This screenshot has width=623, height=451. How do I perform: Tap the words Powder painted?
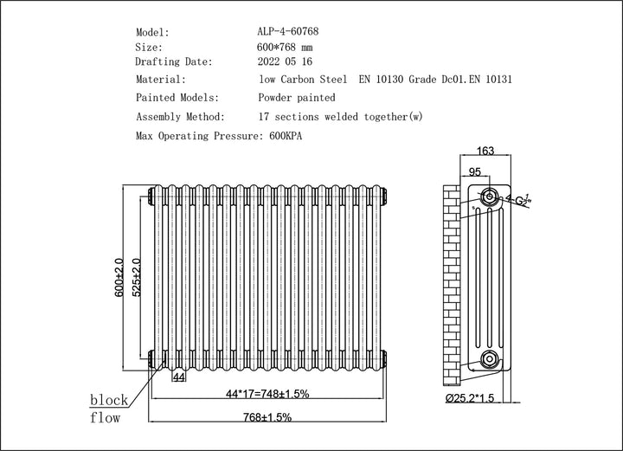(x=297, y=98)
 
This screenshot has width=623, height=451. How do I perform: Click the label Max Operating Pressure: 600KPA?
(x=220, y=136)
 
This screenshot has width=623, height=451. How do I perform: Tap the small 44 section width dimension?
(x=179, y=377)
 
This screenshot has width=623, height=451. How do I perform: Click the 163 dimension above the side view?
(x=485, y=151)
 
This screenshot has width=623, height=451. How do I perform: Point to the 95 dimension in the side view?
(x=475, y=171)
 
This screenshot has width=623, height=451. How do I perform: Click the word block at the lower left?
(x=109, y=400)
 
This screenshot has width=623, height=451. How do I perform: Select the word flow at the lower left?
(x=106, y=419)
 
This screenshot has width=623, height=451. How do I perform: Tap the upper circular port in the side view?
(x=490, y=192)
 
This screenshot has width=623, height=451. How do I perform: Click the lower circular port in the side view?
(x=490, y=358)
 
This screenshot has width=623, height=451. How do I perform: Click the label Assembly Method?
(x=181, y=116)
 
